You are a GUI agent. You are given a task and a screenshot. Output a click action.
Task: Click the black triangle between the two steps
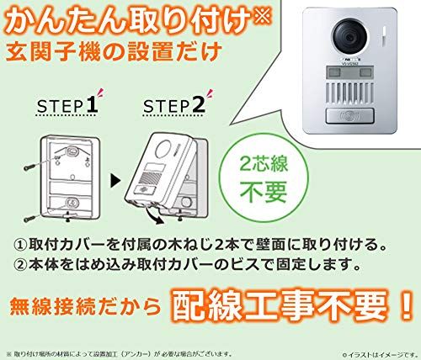click(x=116, y=179)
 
